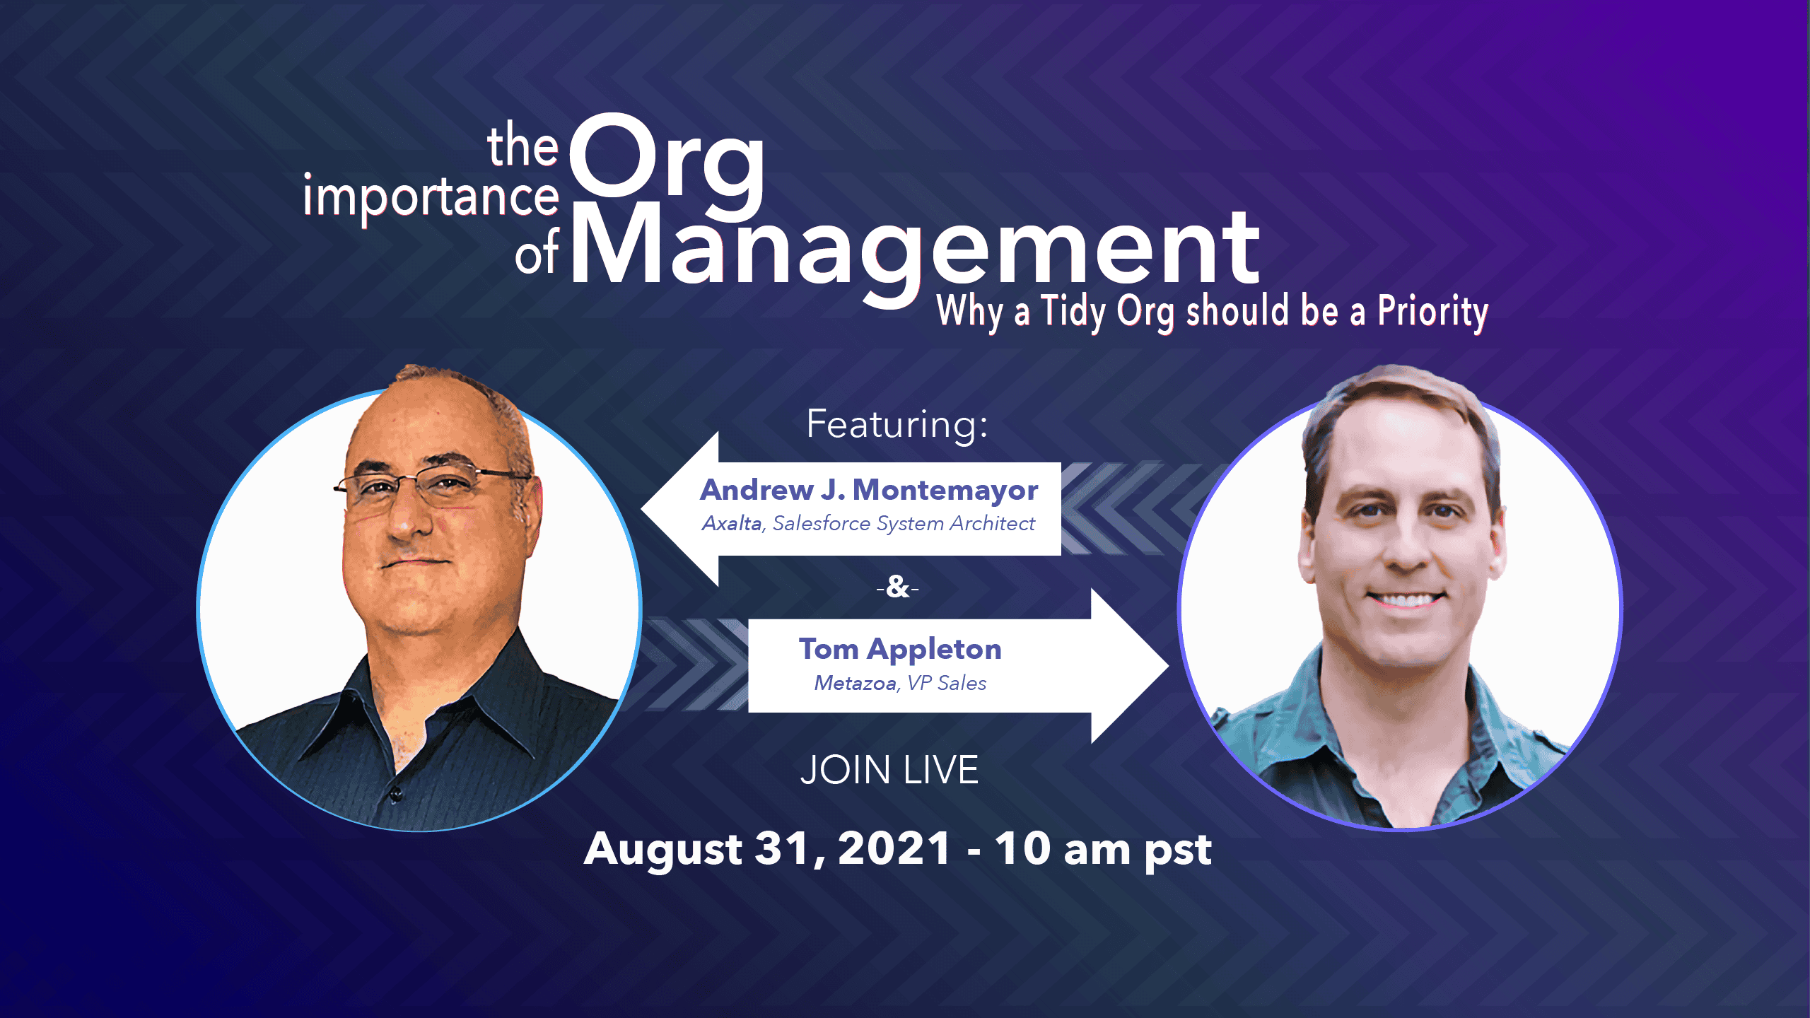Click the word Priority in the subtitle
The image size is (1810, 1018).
click(1432, 312)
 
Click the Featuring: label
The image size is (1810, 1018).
click(897, 425)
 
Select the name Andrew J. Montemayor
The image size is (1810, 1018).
click(869, 490)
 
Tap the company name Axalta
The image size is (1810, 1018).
click(732, 523)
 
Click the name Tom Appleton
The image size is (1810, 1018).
click(900, 650)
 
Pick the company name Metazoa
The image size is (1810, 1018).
click(855, 683)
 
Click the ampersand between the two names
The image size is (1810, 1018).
click(897, 587)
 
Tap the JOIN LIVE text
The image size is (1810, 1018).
click(889, 770)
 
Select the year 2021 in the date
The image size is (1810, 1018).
click(894, 848)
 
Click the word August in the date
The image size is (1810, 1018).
click(662, 850)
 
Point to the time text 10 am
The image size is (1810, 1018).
click(1063, 848)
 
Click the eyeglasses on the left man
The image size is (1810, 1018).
click(431, 487)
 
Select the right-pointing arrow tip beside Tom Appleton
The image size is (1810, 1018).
click(1168, 666)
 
